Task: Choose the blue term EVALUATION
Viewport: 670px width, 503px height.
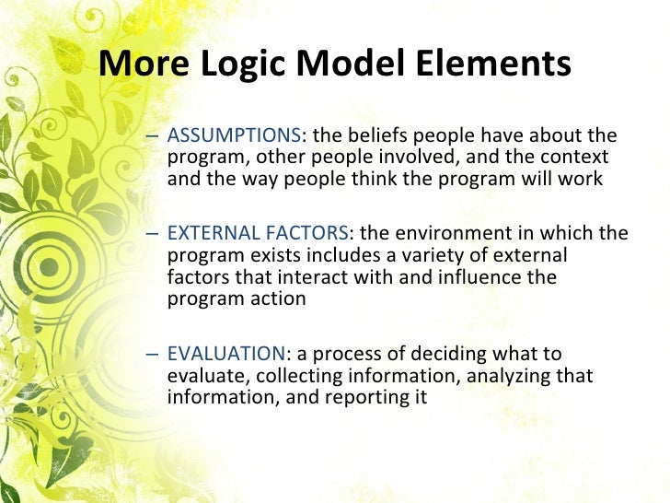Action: click(x=226, y=355)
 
